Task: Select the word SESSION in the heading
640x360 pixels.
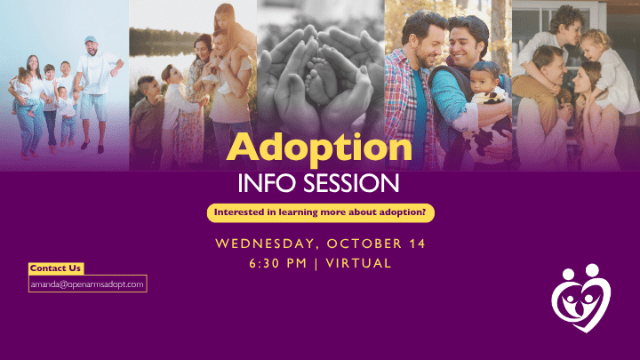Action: tap(351, 183)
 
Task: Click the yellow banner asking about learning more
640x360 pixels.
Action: tap(320, 213)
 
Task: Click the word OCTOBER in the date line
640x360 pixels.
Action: tap(364, 244)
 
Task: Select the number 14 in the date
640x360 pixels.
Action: tap(417, 244)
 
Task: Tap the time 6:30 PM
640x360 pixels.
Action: tap(278, 263)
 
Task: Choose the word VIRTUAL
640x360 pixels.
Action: tap(358, 263)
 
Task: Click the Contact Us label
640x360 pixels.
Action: tap(56, 268)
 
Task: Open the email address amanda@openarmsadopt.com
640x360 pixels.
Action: tap(87, 284)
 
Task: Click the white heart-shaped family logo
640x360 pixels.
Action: tap(580, 298)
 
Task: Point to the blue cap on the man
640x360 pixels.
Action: tap(90, 40)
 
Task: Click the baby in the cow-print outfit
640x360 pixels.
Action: tap(489, 109)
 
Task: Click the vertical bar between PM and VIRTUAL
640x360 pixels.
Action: tap(316, 264)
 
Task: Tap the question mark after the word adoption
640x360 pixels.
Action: tap(423, 212)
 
